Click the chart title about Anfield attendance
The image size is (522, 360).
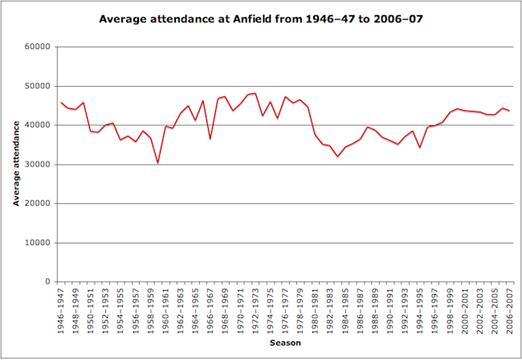tap(261, 17)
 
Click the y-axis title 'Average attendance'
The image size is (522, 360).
tap(16, 163)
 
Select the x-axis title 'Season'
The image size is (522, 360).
tap(285, 342)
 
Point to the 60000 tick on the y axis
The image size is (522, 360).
tap(38, 47)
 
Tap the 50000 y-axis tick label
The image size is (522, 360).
tap(38, 86)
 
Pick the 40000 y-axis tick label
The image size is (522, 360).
tap(38, 125)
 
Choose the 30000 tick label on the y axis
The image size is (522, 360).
tap(38, 165)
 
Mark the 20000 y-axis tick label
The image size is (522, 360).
tap(38, 203)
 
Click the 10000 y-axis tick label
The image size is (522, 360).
tap(38, 243)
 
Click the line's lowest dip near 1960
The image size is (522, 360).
tap(158, 162)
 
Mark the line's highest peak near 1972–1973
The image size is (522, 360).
tap(255, 93)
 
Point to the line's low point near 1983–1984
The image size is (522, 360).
tap(337, 156)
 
